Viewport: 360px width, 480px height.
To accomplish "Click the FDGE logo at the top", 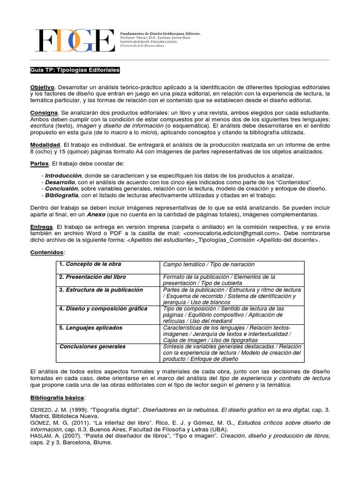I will click(75, 41).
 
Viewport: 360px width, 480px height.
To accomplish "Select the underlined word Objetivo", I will click(42, 88).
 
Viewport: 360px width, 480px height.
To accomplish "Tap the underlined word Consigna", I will click(44, 113).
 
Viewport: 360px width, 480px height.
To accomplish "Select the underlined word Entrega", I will click(42, 227).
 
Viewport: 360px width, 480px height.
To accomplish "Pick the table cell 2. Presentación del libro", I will click(92, 277).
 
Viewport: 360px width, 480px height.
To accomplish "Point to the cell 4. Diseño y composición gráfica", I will click(103, 309).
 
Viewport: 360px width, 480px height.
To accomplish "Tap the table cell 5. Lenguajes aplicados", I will click(90, 328).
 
